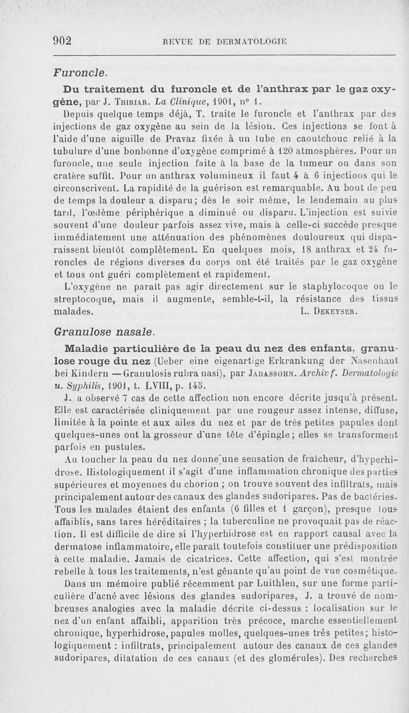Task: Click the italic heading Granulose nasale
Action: pyautogui.click(x=103, y=332)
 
